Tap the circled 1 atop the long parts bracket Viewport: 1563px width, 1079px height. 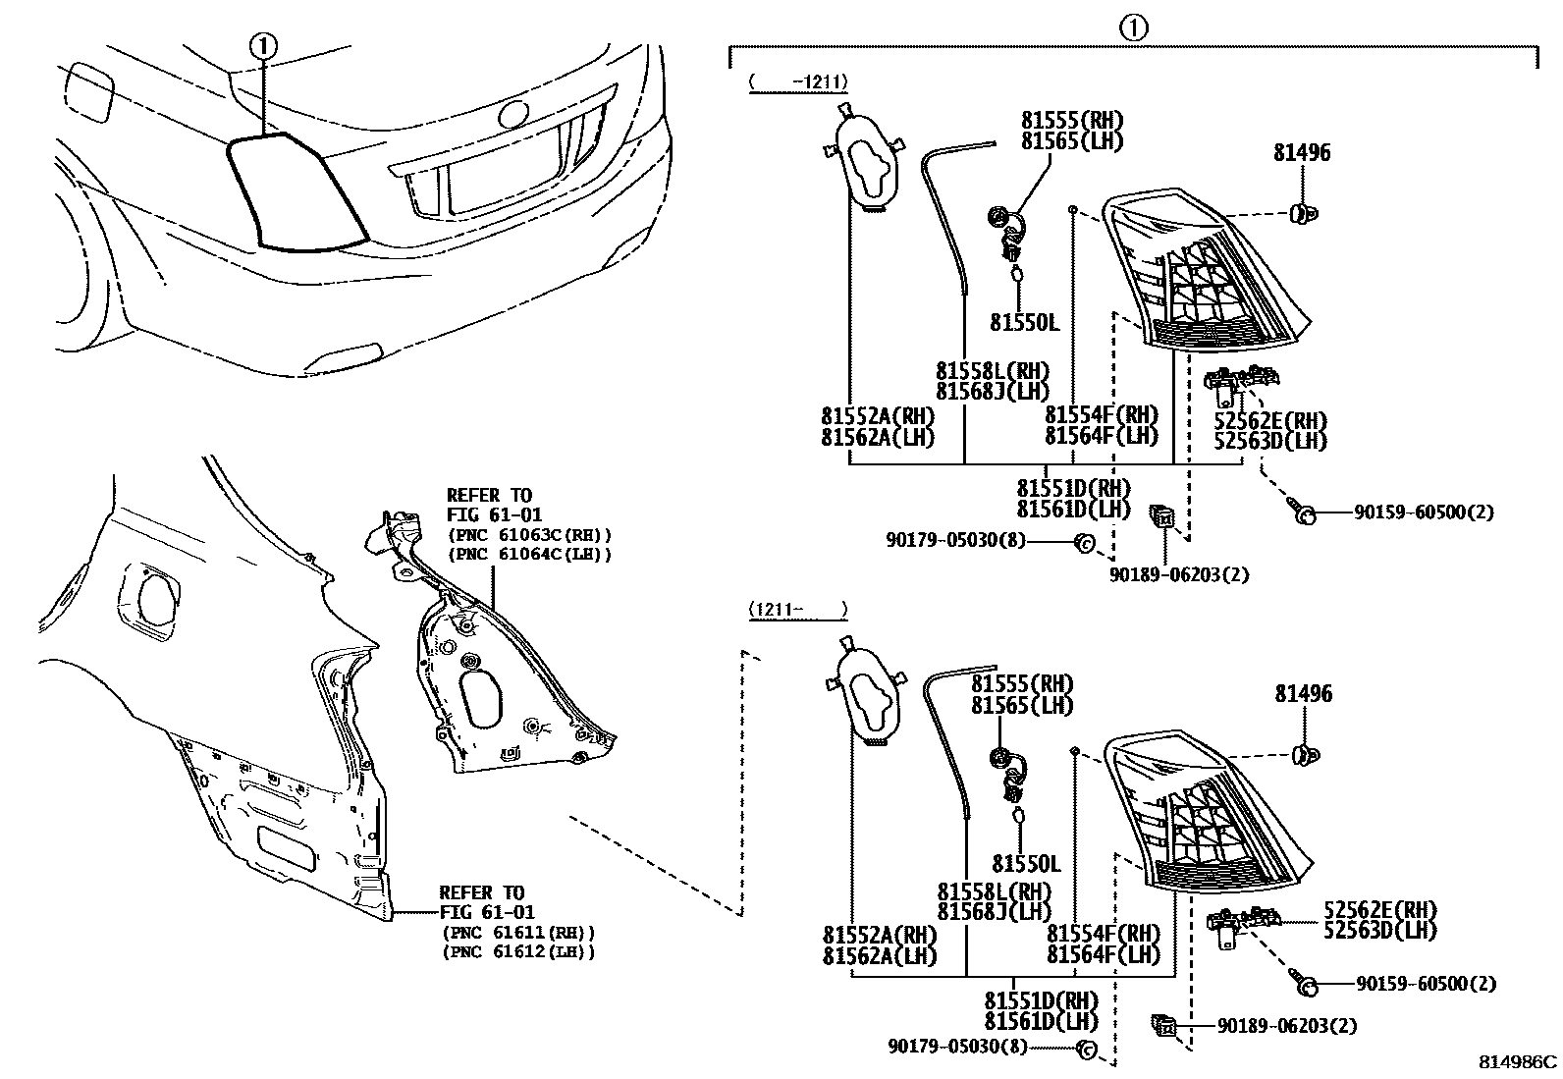1133,28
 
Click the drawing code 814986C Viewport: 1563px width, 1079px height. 1519,1062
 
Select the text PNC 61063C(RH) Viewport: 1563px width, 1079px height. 530,535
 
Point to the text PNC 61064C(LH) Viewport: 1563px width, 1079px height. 530,554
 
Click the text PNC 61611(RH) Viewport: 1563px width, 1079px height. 518,933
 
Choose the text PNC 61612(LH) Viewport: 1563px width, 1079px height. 518,951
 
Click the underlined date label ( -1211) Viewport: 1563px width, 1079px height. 798,82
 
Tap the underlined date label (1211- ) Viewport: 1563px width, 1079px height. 798,610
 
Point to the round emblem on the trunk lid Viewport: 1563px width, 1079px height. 513,114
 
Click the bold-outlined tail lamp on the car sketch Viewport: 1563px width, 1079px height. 295,191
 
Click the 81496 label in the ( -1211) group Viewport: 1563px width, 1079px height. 1303,153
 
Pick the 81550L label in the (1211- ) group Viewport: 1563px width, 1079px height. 1026,864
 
